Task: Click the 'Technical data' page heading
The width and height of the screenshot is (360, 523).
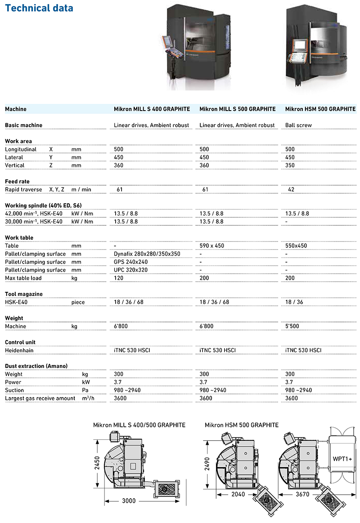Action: click(39, 8)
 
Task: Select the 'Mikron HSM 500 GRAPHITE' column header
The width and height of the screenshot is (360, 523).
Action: click(320, 109)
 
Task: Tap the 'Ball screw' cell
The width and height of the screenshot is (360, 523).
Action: click(298, 125)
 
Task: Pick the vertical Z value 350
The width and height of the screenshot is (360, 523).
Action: click(290, 165)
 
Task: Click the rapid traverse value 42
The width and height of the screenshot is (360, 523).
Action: click(291, 189)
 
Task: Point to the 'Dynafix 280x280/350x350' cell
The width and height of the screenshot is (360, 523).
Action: click(147, 254)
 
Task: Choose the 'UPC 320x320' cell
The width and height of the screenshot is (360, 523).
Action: click(131, 270)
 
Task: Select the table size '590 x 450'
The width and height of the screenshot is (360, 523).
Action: click(212, 246)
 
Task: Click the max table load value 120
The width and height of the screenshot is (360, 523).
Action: click(119, 278)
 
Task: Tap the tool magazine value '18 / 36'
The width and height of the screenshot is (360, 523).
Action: click(295, 302)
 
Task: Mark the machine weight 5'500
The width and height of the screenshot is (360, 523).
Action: click(292, 326)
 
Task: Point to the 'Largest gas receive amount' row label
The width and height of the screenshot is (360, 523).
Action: click(40, 398)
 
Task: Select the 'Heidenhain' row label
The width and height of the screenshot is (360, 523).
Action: click(19, 350)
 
